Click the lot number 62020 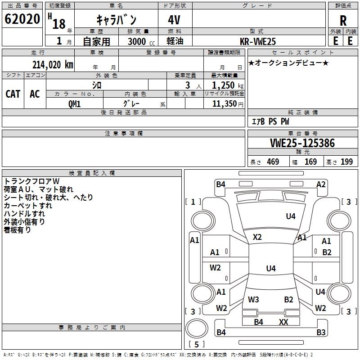22,19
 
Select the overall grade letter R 343,21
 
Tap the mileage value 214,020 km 53,65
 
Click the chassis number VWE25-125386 302,143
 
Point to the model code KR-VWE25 258,41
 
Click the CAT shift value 13,94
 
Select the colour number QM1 74,104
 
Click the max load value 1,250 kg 228,85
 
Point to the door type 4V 174,20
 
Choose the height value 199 346,162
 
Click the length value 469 273,162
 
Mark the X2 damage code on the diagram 257,237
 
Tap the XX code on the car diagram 283,322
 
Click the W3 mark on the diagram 253,299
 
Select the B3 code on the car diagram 321,332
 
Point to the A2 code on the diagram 321,184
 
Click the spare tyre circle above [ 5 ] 197,329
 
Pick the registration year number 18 59,24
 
